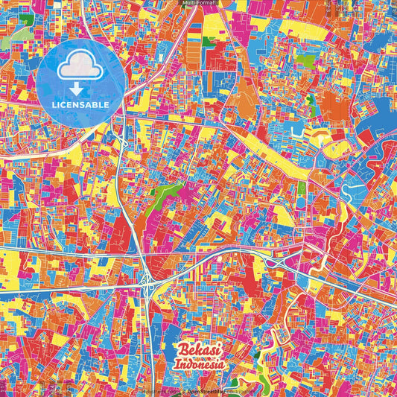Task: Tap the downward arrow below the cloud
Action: tap(78, 90)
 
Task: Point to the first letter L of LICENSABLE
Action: tap(54, 105)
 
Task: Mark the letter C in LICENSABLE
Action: tap(66, 105)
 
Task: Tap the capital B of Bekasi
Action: tap(184, 352)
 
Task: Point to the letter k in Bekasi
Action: tap(199, 352)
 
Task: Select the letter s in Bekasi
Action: tap(213, 352)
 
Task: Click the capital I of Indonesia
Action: tap(177, 366)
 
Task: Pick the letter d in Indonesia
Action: tap(191, 366)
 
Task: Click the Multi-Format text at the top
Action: tap(198, 3)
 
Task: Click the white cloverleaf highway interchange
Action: tap(146, 282)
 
